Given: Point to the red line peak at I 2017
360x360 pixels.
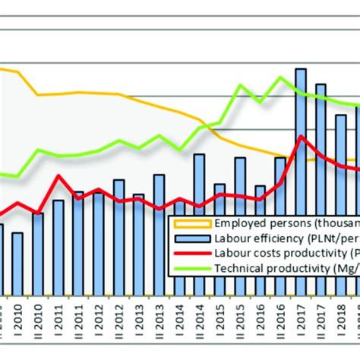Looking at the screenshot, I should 302,137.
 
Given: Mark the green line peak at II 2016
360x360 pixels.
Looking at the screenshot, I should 281,77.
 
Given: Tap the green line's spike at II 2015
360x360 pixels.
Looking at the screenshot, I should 241,85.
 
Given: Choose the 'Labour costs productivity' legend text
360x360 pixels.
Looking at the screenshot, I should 281,253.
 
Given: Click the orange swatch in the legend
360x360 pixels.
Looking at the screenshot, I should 193,223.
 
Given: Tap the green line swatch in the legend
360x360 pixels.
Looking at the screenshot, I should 193,267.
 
